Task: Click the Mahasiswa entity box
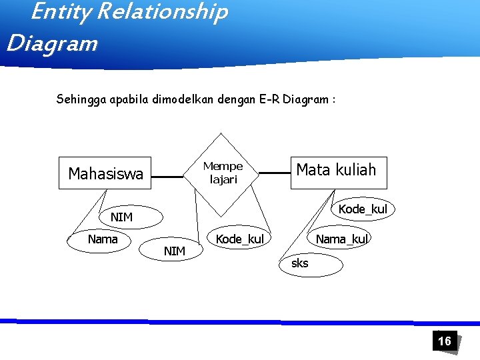point(105,174)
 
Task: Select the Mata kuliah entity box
point(337,170)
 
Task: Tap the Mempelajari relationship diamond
point(223,173)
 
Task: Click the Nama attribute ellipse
point(102,239)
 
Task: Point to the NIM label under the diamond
point(175,251)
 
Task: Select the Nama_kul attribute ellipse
point(341,239)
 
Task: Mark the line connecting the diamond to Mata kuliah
point(274,173)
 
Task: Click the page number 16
point(444,341)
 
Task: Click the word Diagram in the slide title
point(52,43)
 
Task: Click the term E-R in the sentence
point(269,100)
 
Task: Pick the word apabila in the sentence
point(129,100)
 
